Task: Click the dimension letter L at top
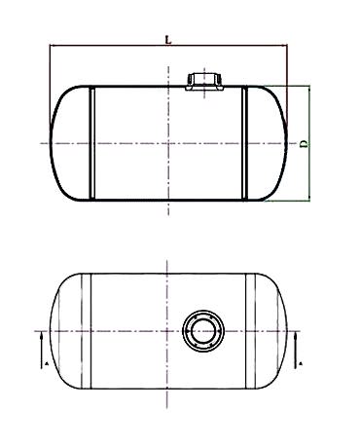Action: [168, 40]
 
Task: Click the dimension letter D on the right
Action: [304, 144]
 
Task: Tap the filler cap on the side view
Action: [204, 82]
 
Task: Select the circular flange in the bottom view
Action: [203, 331]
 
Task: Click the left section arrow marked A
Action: [42, 350]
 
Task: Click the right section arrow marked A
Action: [296, 350]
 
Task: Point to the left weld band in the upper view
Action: [91, 143]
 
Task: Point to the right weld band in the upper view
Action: [245, 143]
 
